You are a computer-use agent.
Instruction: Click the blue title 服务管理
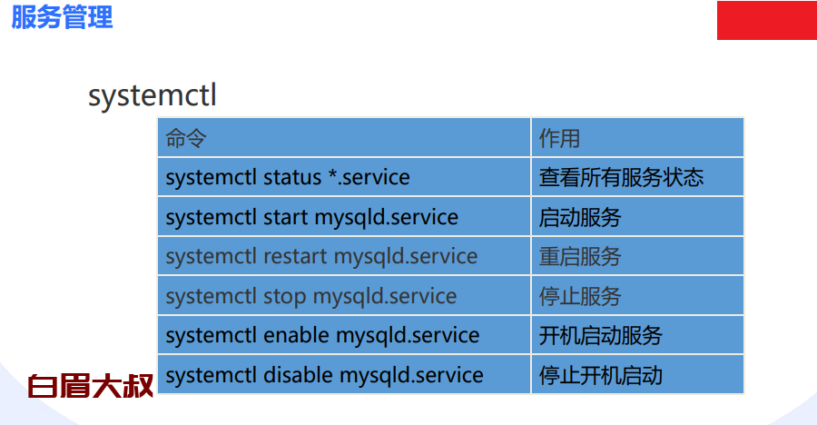pos(62,16)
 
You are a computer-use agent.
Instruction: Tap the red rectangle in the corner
pos(767,20)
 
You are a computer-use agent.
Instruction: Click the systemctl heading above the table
pos(153,96)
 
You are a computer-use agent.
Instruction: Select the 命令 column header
pos(186,139)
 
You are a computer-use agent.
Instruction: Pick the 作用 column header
pos(559,139)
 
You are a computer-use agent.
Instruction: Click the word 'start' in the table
pos(286,217)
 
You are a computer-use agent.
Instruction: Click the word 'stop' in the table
pos(284,297)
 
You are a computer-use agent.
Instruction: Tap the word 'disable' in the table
pos(299,375)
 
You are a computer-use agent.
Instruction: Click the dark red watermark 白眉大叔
pos(91,386)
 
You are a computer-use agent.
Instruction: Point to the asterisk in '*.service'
pos(332,173)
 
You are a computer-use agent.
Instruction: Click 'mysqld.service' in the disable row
pos(411,376)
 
